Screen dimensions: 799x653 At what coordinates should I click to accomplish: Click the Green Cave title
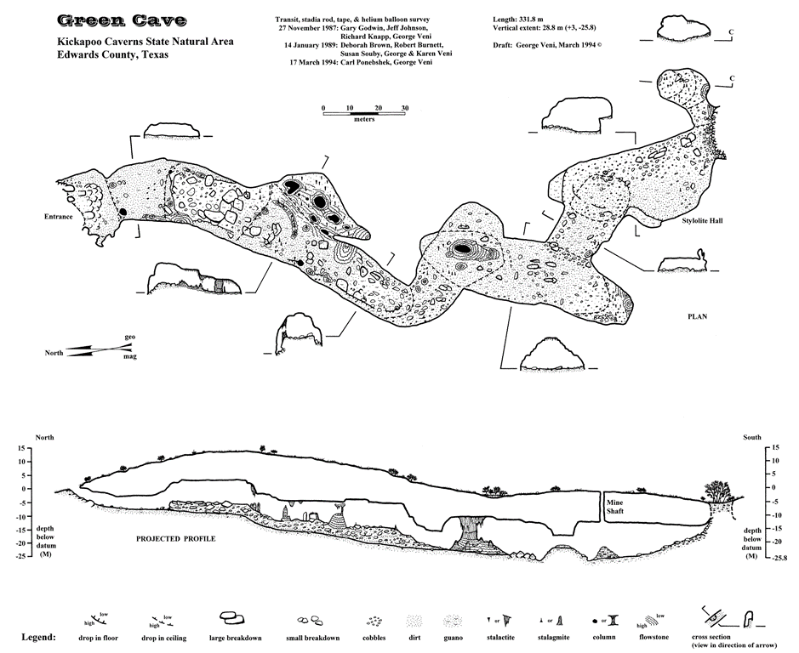pyautogui.click(x=122, y=20)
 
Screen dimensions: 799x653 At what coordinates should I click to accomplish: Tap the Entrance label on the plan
pyautogui.click(x=58, y=217)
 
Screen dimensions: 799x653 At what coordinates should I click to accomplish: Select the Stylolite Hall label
pyautogui.click(x=702, y=220)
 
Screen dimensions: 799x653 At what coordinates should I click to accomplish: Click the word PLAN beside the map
pyautogui.click(x=697, y=316)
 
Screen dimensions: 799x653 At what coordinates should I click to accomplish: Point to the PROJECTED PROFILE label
pyautogui.click(x=175, y=538)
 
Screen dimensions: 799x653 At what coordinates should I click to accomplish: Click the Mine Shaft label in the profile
pyautogui.click(x=615, y=506)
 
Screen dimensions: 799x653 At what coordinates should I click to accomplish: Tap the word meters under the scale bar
pyautogui.click(x=364, y=119)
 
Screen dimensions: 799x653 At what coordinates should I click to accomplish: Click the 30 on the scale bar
pyautogui.click(x=404, y=108)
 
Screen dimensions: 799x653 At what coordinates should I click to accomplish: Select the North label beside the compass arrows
pyautogui.click(x=54, y=353)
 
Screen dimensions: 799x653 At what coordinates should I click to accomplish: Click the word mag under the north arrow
pyautogui.click(x=130, y=356)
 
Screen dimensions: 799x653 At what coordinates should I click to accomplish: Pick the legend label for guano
pyautogui.click(x=453, y=637)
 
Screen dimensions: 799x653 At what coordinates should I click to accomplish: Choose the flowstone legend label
pyautogui.click(x=653, y=637)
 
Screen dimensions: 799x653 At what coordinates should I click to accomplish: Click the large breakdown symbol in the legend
pyautogui.click(x=231, y=619)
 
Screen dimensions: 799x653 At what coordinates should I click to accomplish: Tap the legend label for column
pyautogui.click(x=604, y=637)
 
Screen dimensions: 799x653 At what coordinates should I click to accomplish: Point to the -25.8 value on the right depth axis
pyautogui.click(x=780, y=558)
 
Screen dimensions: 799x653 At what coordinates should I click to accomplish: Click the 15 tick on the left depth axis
pyautogui.click(x=21, y=448)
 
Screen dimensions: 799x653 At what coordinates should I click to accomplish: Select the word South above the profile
pyautogui.click(x=752, y=437)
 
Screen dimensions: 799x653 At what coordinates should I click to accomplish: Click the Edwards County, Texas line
pyautogui.click(x=112, y=55)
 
